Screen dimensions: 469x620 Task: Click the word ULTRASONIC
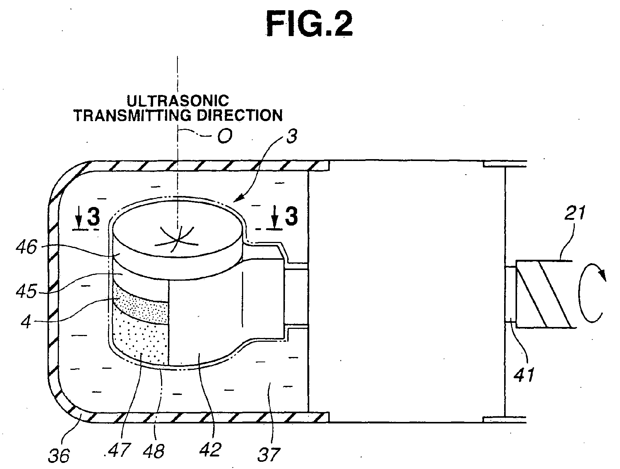(x=178, y=101)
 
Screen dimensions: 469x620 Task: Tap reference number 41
(x=524, y=374)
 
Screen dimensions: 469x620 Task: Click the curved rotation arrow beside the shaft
(x=591, y=293)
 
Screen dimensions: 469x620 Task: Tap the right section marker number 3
(x=291, y=217)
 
